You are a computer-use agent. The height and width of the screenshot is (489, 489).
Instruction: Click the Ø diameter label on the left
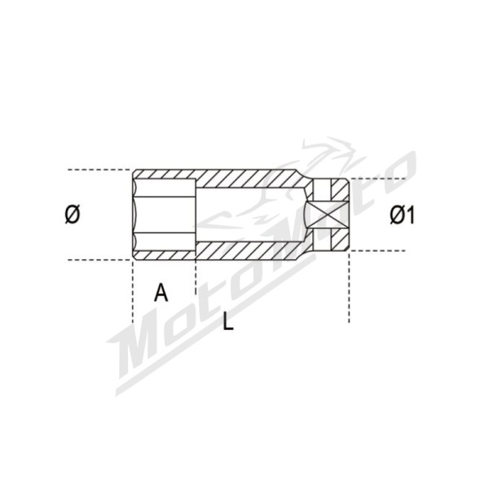tap(72, 215)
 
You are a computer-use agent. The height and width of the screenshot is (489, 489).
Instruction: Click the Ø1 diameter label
tap(403, 215)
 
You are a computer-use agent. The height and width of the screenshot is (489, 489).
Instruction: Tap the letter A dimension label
tap(161, 292)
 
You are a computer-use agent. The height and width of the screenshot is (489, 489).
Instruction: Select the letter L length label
tap(228, 322)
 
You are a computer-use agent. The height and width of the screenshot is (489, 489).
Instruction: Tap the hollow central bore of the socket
tap(249, 215)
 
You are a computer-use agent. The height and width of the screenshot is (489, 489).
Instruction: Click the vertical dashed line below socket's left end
tap(132, 293)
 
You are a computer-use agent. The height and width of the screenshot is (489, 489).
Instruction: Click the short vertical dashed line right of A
tap(196, 277)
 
